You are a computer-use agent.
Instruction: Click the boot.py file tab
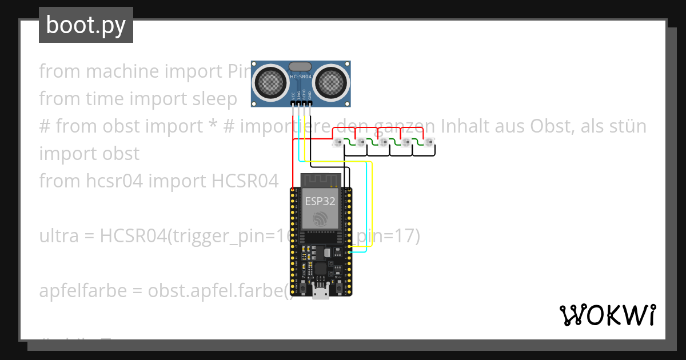click(x=86, y=25)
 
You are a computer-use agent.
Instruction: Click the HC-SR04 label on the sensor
click(x=301, y=76)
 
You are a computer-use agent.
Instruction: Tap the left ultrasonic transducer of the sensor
click(x=269, y=83)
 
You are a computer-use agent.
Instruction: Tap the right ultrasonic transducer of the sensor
click(x=332, y=83)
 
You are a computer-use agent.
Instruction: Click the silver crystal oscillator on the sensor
click(x=301, y=66)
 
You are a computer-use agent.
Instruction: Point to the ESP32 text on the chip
click(x=320, y=201)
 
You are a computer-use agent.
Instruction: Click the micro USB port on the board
click(x=321, y=292)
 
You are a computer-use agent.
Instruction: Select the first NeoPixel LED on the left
click(x=338, y=142)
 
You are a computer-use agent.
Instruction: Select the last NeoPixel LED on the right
click(x=428, y=142)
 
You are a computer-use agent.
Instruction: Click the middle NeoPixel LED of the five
click(x=383, y=142)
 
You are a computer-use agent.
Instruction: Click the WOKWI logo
click(x=608, y=315)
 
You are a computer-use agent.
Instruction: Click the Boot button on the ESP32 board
click(x=340, y=287)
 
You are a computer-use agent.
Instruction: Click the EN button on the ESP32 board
click(x=301, y=287)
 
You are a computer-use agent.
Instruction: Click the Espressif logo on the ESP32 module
click(x=320, y=218)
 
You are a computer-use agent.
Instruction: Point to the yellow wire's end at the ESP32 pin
click(x=349, y=247)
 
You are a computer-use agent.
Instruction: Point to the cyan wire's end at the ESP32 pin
click(x=349, y=251)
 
